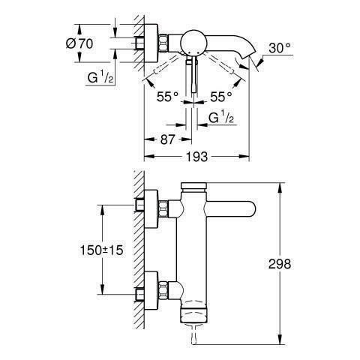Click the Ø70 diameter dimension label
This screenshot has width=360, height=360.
79,43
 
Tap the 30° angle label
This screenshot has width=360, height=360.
280,48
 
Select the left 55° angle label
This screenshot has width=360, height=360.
167,97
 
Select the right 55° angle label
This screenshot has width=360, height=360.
221,97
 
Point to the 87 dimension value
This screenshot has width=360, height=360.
167,139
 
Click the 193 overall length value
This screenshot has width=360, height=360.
196,157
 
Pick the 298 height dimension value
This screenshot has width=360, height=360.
280,264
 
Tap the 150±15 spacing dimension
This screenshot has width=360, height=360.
101,250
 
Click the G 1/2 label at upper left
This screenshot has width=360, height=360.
100,77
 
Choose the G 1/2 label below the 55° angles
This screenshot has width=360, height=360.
221,118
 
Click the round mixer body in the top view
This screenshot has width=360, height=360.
193,42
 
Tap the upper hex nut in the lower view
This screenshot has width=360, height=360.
163,208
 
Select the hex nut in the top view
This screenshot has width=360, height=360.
163,43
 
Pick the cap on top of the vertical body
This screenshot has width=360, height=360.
193,185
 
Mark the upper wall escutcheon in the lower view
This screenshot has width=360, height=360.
151,209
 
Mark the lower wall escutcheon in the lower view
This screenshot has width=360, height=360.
151,290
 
